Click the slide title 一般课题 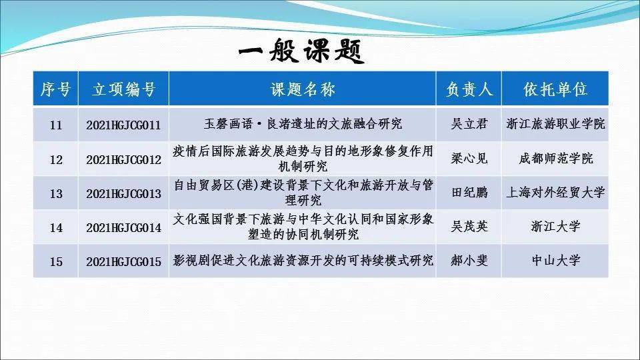coord(301,51)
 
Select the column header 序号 coord(55,89)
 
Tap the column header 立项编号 coord(124,89)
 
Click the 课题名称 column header coord(303,89)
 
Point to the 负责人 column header coord(469,89)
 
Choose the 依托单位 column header coord(555,89)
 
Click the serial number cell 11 coord(56,125)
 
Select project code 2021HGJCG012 coord(124,159)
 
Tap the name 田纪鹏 coord(469,192)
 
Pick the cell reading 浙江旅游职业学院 coord(555,124)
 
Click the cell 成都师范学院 coord(556,159)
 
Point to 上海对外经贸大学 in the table coord(555,192)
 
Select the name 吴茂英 coord(469,226)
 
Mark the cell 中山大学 coord(556,260)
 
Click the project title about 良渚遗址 coord(303,124)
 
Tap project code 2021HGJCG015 coord(124,261)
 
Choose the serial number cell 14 coord(56,227)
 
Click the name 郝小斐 coord(469,260)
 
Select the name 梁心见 coord(469,159)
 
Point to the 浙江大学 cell coord(556,226)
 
